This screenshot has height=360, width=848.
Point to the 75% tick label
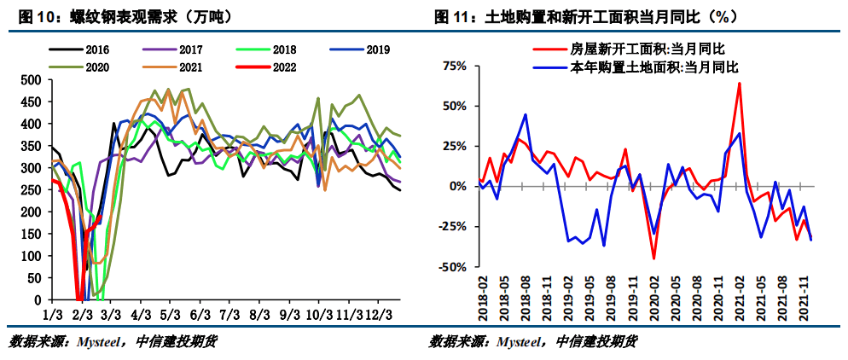[454, 66]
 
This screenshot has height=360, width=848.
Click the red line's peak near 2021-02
[739, 83]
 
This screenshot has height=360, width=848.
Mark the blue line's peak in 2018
[526, 114]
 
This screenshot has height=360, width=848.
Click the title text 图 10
[26, 16]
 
